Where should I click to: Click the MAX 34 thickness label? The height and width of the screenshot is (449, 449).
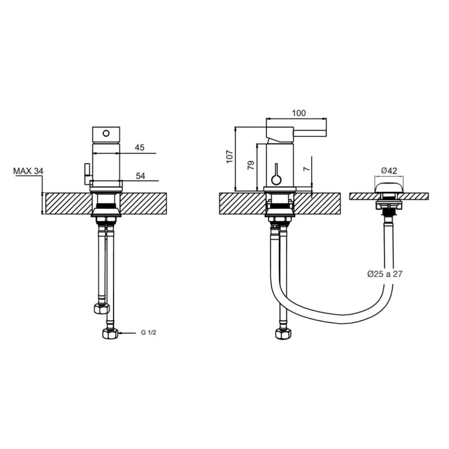click(x=28, y=171)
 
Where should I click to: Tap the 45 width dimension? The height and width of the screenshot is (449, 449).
click(x=139, y=148)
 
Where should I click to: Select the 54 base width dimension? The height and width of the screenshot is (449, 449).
click(x=141, y=176)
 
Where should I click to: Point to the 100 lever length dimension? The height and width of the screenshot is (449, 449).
click(x=299, y=113)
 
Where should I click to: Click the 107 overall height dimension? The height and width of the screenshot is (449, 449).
click(x=230, y=156)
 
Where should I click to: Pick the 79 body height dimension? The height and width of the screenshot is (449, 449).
click(x=251, y=165)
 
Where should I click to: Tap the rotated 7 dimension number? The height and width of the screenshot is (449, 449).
click(x=307, y=168)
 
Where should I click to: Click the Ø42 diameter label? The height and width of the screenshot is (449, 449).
click(x=389, y=171)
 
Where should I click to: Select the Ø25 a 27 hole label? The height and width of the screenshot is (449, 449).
click(x=385, y=274)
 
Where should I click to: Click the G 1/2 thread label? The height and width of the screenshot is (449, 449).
click(x=148, y=333)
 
